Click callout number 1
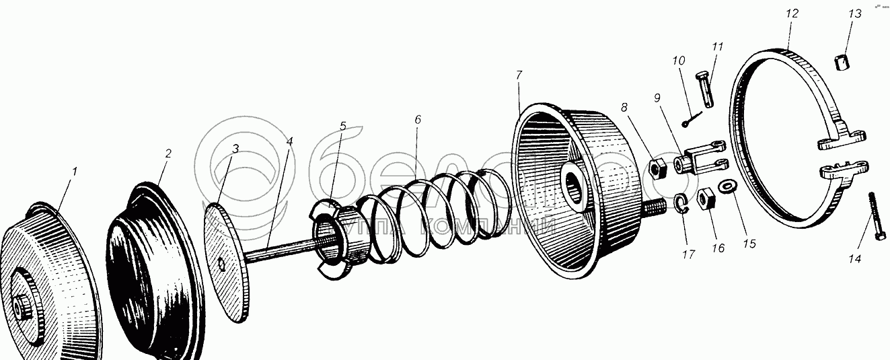[x=75, y=172]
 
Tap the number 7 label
[x=519, y=75]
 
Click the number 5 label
[x=342, y=126]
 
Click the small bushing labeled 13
[x=842, y=63]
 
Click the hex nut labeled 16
[x=706, y=199]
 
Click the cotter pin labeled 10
[x=691, y=119]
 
